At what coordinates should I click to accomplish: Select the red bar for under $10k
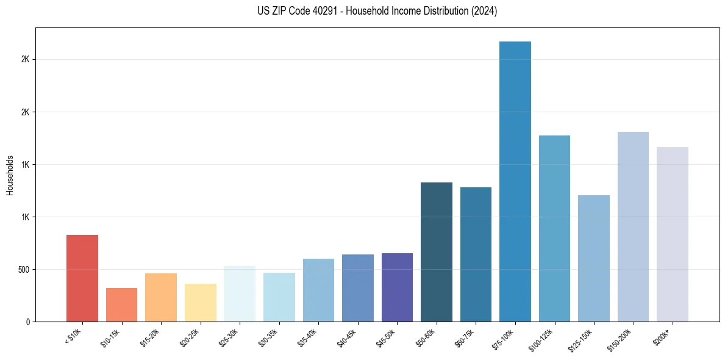click(x=82, y=278)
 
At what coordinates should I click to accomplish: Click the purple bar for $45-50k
click(x=397, y=287)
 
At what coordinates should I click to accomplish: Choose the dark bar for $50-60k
click(x=437, y=252)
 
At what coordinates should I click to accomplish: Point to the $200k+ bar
click(x=673, y=234)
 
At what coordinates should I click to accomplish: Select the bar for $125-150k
click(x=594, y=259)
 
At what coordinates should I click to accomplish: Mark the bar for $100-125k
click(x=554, y=229)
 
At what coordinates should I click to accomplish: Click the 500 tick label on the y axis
click(x=23, y=270)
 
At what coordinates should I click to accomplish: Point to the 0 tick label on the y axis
click(x=27, y=322)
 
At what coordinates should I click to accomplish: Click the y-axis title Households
click(x=10, y=175)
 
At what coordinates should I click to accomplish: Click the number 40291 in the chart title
click(x=345, y=12)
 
